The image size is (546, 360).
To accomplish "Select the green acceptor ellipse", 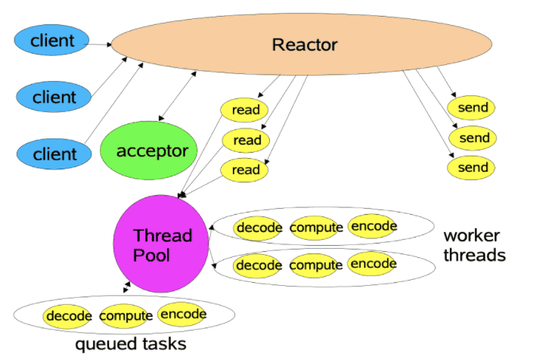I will click(152, 151).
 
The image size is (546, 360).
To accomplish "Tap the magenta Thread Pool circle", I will click(160, 244).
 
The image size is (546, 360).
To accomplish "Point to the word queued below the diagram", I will click(104, 344).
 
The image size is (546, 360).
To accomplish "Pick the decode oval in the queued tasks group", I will click(68, 316).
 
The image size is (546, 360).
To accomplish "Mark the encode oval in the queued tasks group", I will click(182, 315).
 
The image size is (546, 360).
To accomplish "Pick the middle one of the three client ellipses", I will click(53, 97).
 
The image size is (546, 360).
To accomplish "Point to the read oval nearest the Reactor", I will click(246, 110).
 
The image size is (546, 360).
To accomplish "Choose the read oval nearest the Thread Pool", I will click(246, 169).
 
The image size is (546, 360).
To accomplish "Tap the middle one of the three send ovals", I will click(474, 138).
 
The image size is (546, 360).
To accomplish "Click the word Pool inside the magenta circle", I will click(152, 256).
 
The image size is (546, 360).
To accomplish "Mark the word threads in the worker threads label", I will click(474, 255).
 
